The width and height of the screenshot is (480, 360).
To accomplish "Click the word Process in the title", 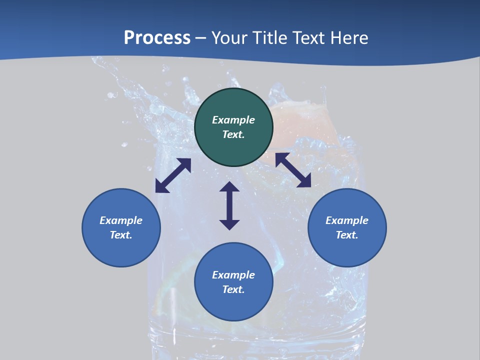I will pos(157,38).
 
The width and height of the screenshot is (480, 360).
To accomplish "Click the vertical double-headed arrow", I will pos(229,206).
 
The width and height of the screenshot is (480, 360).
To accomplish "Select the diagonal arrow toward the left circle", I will pos(173,175).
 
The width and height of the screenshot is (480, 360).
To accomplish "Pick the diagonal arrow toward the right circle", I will pos(293,170).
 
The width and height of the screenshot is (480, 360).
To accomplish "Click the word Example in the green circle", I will pos(233,120).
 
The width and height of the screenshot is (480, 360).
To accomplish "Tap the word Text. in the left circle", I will pos(121,235).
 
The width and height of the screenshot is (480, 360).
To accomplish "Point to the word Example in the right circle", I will pos(347,220).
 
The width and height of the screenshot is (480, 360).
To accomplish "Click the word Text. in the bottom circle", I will pos(233,289).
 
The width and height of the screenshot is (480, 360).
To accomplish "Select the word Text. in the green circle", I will pos(233,134).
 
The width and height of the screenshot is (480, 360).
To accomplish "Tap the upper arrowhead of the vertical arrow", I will pos(229,187).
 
